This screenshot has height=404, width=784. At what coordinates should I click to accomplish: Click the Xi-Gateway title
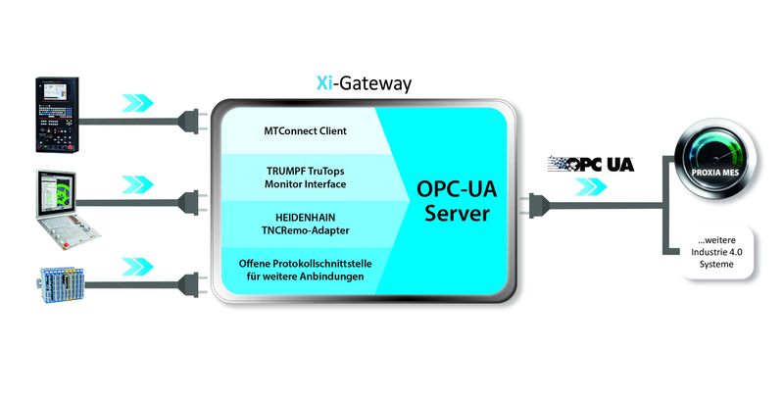tap(357, 85)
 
